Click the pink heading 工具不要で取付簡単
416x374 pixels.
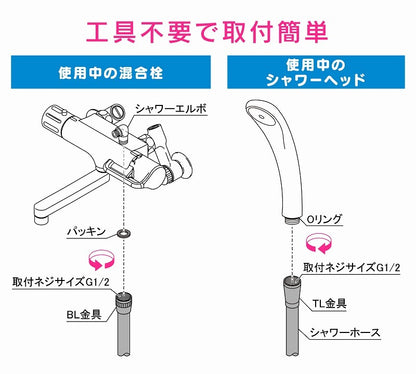point(207,32)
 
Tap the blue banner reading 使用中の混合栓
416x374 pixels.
point(111,72)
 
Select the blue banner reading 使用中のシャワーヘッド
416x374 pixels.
point(316,72)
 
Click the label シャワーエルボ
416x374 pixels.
point(171,109)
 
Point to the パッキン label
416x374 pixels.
point(87,231)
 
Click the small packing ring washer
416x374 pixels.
point(124,233)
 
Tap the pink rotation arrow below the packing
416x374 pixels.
point(101,260)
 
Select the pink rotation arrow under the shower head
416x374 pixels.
point(319,243)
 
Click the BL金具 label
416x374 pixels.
point(84,314)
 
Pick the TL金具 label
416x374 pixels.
point(329,303)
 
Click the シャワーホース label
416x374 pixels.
point(345,332)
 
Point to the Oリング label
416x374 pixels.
point(324,219)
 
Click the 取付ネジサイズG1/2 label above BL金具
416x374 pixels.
point(61,282)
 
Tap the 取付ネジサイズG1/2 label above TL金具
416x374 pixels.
point(351,267)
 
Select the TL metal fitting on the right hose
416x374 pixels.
point(292,291)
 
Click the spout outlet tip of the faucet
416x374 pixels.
point(42,220)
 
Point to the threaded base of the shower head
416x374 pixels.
point(292,220)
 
